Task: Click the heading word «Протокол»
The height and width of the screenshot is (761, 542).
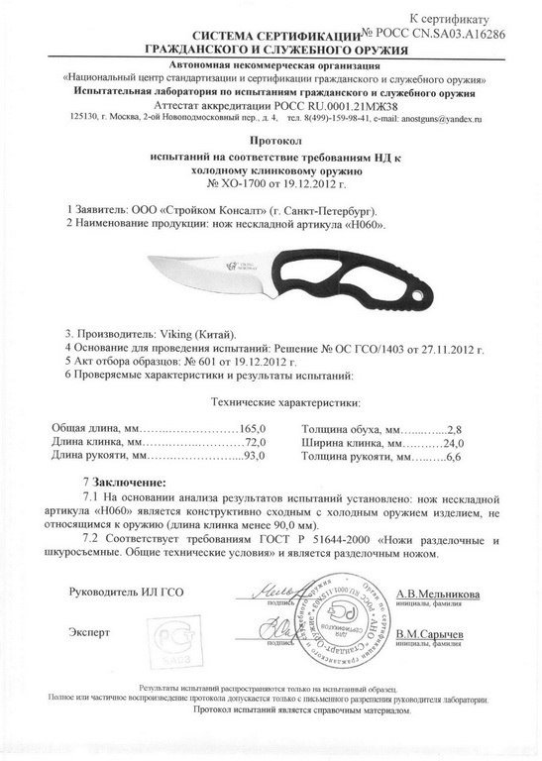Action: pyautogui.click(x=271, y=141)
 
